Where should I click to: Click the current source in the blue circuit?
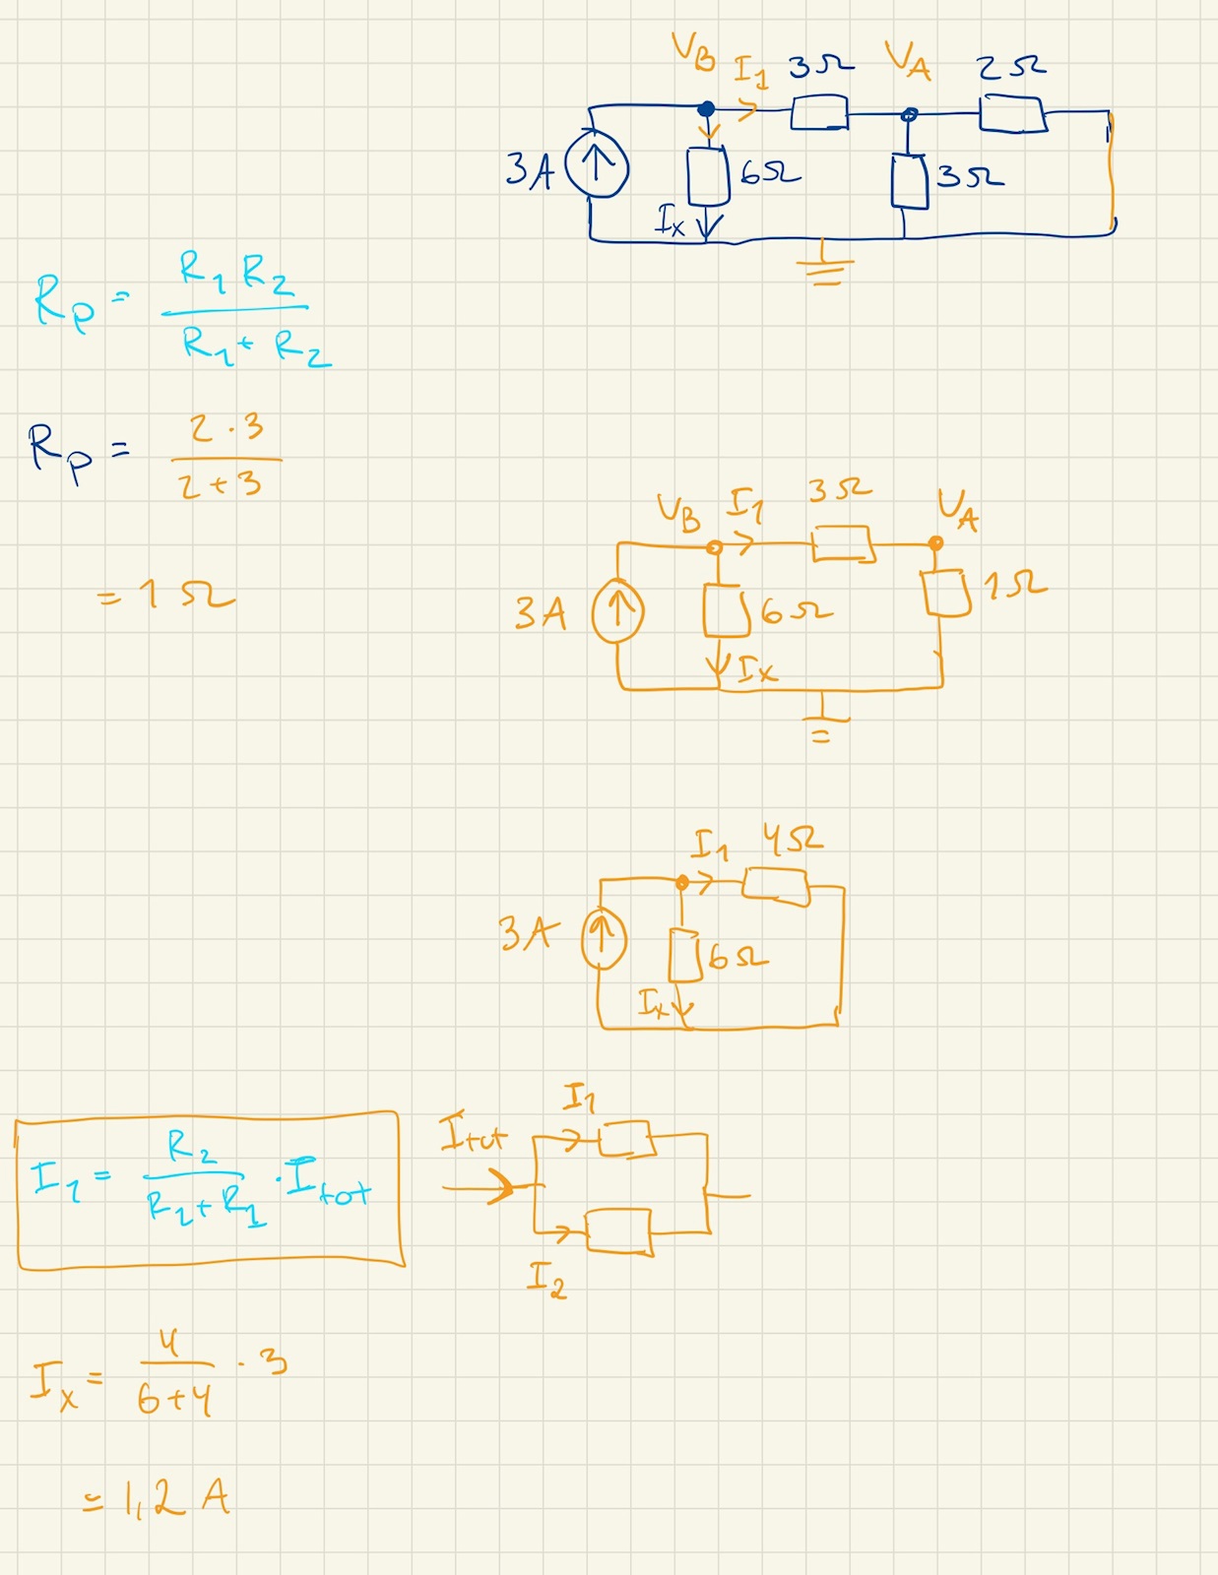[597, 164]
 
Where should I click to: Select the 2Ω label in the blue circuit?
[1011, 67]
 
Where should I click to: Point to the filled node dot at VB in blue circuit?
[706, 109]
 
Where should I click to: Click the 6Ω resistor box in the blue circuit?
[707, 177]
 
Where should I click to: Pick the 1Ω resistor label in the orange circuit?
[1014, 587]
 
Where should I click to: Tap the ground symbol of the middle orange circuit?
[822, 723]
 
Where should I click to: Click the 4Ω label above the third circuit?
[793, 841]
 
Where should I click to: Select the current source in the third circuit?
[604, 938]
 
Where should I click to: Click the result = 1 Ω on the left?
[167, 595]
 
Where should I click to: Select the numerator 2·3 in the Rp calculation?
[226, 428]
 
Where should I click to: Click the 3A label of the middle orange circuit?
[541, 612]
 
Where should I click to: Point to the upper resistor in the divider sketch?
[626, 1139]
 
